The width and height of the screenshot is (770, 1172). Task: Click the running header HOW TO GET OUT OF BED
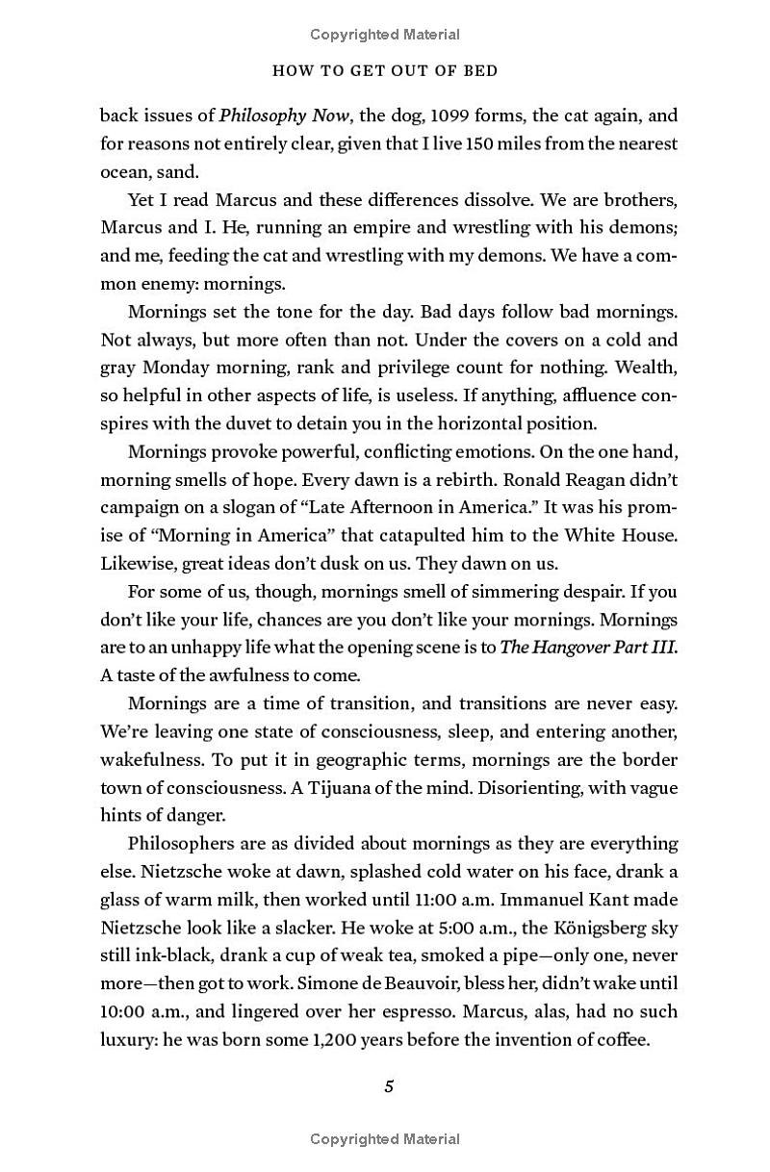(385, 70)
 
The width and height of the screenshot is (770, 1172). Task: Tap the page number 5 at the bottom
(389, 1086)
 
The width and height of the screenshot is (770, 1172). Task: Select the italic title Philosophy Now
(277, 115)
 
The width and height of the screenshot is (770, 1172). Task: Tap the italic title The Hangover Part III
(587, 647)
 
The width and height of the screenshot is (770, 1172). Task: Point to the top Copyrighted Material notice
(385, 35)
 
